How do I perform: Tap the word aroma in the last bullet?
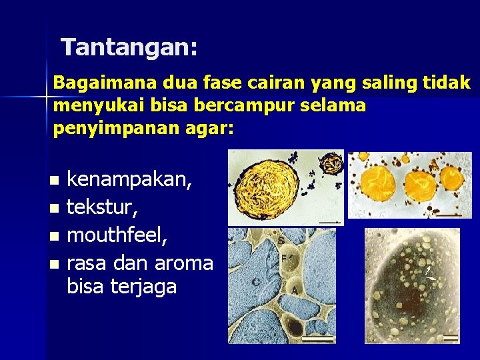[185, 263]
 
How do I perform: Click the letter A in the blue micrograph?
[294, 291]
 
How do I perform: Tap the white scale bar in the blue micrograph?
[322, 338]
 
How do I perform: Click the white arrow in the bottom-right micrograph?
[432, 273]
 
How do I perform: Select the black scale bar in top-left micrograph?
[329, 220]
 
